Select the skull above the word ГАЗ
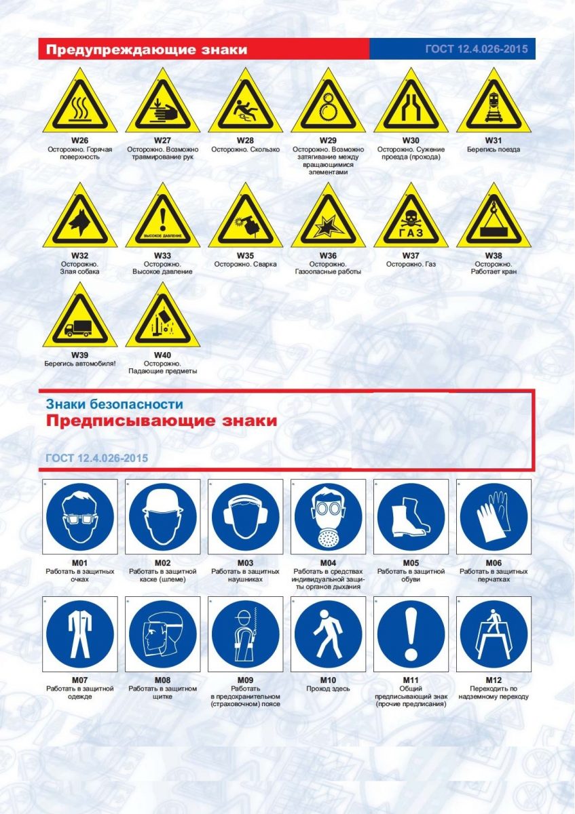(x=411, y=218)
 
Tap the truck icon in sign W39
(x=78, y=328)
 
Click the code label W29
(x=328, y=140)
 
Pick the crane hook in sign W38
(x=493, y=208)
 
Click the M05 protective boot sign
(x=411, y=516)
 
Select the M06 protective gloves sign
(x=494, y=516)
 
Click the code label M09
(x=246, y=680)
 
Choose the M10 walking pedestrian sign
(x=328, y=634)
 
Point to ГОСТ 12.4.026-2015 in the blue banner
(x=477, y=49)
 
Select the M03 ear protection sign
(x=246, y=516)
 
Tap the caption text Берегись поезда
(x=494, y=149)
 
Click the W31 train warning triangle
(x=494, y=101)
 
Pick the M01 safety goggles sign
(x=80, y=516)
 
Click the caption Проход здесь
(x=328, y=689)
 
